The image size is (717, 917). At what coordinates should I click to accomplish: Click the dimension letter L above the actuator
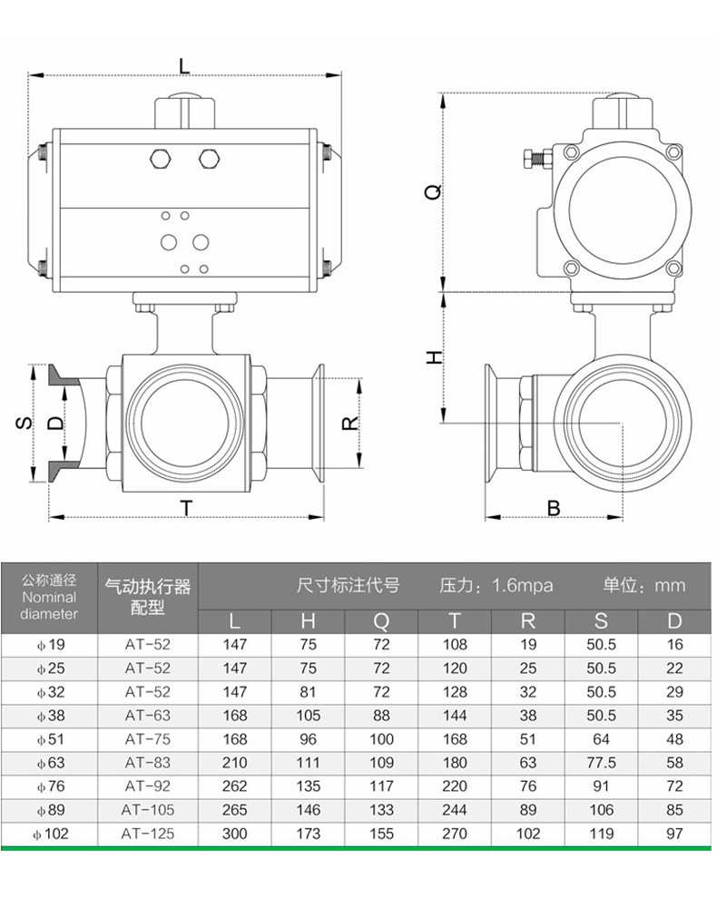coord(184,65)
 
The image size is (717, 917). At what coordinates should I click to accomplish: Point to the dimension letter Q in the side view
coord(435,191)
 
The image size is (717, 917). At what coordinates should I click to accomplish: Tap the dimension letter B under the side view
coord(554,508)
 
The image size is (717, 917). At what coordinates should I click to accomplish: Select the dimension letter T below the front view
coord(186,508)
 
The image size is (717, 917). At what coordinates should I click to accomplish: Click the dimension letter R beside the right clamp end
coord(349,423)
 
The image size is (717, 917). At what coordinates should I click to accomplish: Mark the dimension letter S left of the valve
coord(25,423)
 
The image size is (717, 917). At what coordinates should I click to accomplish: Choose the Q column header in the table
coord(381,621)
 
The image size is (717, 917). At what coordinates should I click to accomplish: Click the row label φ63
coord(51,763)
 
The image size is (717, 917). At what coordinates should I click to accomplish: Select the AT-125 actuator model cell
coord(148,833)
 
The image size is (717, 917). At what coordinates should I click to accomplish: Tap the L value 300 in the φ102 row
coord(235,833)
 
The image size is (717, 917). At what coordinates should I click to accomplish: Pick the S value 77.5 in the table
coord(601,763)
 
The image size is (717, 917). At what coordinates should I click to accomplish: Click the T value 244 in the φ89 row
coord(455,810)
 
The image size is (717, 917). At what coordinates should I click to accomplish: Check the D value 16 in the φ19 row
coord(674,645)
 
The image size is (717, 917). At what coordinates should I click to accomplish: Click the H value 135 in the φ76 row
coord(309,786)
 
